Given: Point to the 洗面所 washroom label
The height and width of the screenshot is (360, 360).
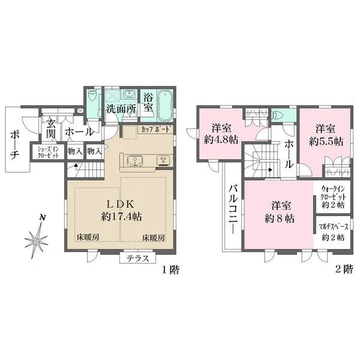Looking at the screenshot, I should pos(121,109).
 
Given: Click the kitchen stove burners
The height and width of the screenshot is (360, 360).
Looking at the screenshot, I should pos(163,160).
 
